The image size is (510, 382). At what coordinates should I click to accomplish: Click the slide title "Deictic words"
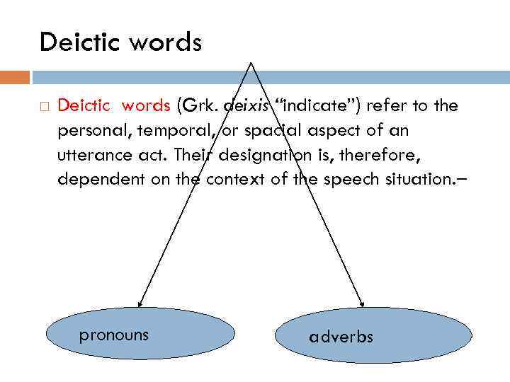tap(120, 42)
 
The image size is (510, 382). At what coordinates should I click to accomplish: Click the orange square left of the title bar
tap(15, 76)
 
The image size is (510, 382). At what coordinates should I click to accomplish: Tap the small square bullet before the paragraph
tap(44, 107)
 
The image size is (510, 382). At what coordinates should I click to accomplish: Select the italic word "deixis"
tap(245, 106)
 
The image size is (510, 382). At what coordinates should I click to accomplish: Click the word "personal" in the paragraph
tap(90, 131)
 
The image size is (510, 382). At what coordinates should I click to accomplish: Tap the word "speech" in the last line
tap(348, 179)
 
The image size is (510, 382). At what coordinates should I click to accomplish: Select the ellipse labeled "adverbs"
tap(373, 335)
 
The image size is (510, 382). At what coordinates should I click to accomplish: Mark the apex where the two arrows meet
tap(251, 62)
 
